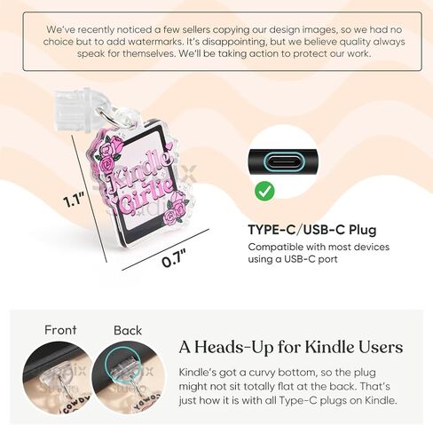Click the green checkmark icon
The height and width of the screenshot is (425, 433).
coord(264,191)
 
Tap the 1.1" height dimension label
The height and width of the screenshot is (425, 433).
coord(75,200)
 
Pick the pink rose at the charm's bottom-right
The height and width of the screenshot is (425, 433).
coord(176,208)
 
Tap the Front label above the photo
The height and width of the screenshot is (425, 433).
coord(60,330)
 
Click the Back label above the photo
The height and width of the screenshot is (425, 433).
coord(127,330)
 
